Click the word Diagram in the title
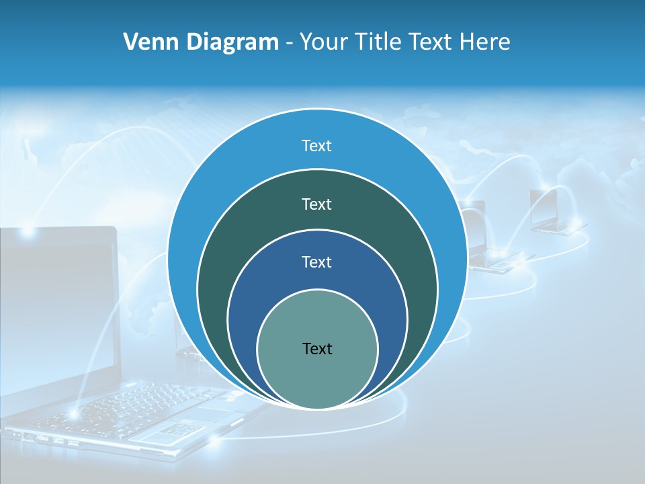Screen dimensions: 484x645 pyautogui.click(x=232, y=42)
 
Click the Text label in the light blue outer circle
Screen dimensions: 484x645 pyautogui.click(x=317, y=146)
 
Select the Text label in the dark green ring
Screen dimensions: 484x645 pyautogui.click(x=317, y=204)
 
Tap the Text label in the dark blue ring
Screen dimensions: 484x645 pyautogui.click(x=317, y=262)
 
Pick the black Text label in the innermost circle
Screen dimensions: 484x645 pyautogui.click(x=317, y=349)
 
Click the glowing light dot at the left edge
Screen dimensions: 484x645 pyautogui.click(x=28, y=232)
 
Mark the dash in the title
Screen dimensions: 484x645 pyautogui.click(x=289, y=43)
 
